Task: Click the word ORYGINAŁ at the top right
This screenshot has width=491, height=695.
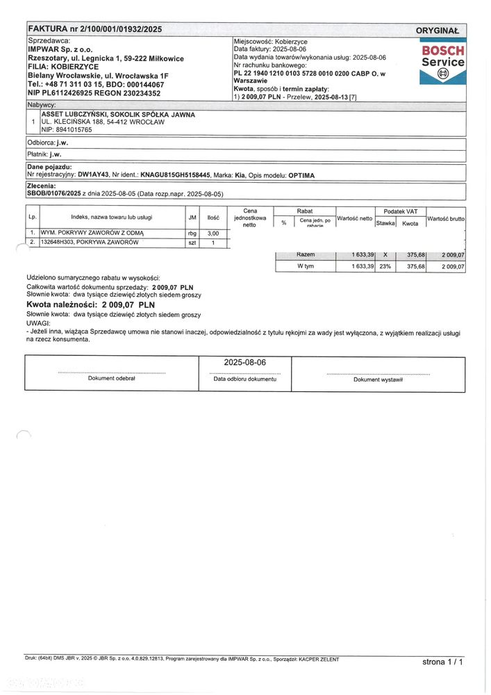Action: click(x=438, y=31)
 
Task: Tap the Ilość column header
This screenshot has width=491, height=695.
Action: click(x=213, y=218)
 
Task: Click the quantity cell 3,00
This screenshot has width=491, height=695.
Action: click(x=214, y=234)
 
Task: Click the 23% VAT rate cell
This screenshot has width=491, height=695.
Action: click(x=385, y=266)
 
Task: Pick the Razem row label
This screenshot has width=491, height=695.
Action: click(x=306, y=255)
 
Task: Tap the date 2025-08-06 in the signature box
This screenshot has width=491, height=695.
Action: click(x=244, y=362)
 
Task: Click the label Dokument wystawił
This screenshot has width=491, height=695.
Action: click(x=378, y=379)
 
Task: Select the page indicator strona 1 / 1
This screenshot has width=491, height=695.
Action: click(x=442, y=661)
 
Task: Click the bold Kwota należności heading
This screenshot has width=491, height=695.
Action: click(x=90, y=304)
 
